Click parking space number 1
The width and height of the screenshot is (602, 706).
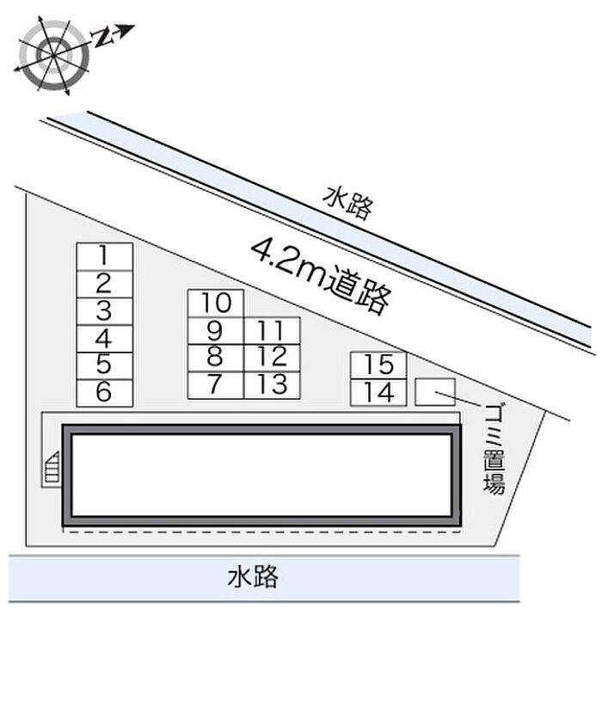[104, 256]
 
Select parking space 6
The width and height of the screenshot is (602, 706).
[104, 393]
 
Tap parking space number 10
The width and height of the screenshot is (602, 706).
[216, 304]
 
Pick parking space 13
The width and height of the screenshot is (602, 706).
[272, 385]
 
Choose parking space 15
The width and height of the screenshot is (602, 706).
[378, 365]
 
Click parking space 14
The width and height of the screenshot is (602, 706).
[378, 392]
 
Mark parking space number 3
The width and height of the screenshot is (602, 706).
[104, 311]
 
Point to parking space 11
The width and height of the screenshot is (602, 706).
[272, 331]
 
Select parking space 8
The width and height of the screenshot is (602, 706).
[216, 359]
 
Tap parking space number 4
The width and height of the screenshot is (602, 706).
[104, 339]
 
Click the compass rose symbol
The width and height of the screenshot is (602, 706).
[54, 55]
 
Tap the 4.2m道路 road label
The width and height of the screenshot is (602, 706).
[321, 276]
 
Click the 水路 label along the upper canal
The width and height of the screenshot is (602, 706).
[348, 204]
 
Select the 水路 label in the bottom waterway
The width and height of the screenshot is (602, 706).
[253, 577]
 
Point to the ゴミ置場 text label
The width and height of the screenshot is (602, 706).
[494, 449]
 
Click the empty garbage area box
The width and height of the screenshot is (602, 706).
[435, 392]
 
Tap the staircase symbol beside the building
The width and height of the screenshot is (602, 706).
[51, 470]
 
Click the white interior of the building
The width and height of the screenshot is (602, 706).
[261, 476]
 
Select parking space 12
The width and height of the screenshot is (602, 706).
[272, 359]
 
